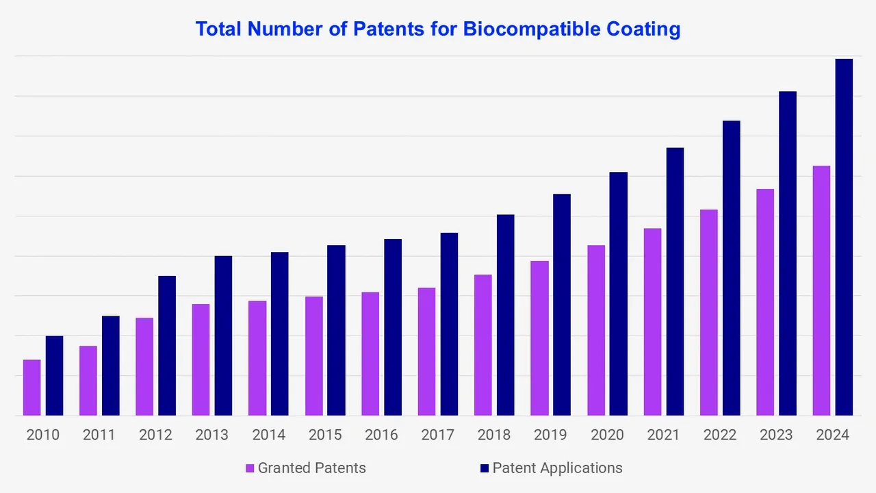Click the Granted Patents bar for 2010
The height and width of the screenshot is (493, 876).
click(x=31, y=388)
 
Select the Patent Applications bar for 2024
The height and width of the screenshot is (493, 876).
click(x=844, y=237)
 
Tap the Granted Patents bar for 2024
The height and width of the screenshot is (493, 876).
click(x=821, y=290)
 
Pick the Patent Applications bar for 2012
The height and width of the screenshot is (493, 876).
click(x=167, y=346)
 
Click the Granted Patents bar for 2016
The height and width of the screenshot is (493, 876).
click(x=370, y=354)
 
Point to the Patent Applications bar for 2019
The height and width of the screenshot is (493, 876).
click(x=562, y=305)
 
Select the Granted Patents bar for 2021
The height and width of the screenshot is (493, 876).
click(x=652, y=322)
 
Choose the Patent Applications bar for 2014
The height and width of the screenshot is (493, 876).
click(x=280, y=333)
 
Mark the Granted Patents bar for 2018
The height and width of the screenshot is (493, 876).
click(x=483, y=345)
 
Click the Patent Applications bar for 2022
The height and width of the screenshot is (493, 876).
click(x=731, y=268)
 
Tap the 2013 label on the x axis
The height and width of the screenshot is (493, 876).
click(x=211, y=435)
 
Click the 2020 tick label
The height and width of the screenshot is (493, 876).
click(x=607, y=435)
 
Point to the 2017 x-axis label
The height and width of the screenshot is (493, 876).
click(x=437, y=435)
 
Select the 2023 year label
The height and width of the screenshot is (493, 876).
click(x=776, y=435)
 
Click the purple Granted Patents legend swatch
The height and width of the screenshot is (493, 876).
click(x=250, y=468)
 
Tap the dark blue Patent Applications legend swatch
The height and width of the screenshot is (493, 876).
click(x=485, y=468)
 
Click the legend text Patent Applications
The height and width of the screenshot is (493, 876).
click(x=557, y=468)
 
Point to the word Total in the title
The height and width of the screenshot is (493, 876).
click(x=219, y=29)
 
